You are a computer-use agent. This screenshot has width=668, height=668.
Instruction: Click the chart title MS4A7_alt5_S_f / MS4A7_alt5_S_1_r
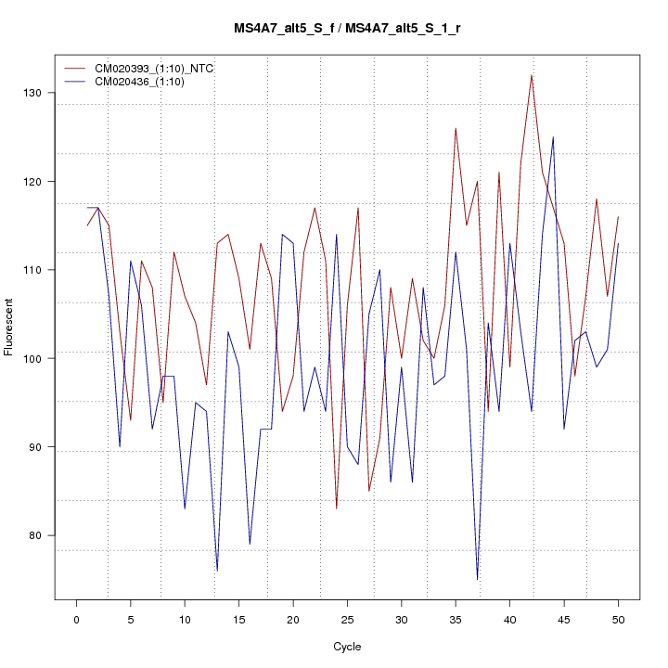348,29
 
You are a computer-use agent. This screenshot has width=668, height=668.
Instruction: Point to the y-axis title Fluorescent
10,327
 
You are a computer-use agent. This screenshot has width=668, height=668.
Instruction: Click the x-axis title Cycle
347,647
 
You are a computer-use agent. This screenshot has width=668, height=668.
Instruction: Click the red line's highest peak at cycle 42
532,75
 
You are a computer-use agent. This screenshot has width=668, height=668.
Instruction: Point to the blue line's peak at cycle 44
553,137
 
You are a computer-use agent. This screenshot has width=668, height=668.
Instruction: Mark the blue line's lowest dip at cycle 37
477,579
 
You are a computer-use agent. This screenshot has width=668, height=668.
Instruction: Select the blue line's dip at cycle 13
217,571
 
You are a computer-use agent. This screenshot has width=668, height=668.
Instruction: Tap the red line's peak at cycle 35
456,128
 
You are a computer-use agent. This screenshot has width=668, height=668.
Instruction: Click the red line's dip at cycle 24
336,508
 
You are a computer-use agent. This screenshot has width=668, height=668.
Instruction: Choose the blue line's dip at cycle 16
250,544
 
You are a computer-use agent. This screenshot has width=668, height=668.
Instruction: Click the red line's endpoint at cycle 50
618,217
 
